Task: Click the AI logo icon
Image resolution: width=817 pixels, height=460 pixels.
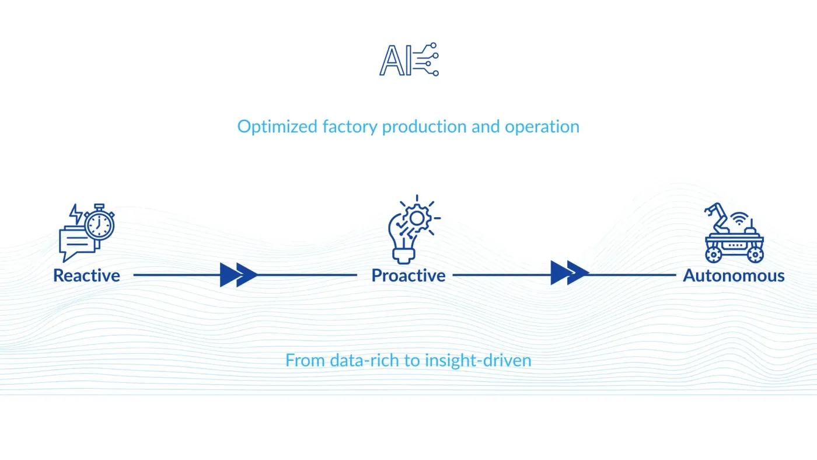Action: [x=408, y=60]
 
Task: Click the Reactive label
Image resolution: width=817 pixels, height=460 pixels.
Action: [x=86, y=276]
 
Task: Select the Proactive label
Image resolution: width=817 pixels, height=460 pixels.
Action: [x=408, y=276]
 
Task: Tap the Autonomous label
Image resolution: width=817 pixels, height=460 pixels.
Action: [x=734, y=276]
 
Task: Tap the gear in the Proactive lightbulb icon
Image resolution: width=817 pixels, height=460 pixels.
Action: [x=416, y=218]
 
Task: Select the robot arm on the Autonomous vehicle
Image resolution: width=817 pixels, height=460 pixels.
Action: [x=716, y=217]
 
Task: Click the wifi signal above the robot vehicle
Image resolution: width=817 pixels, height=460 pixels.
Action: [x=740, y=220]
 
